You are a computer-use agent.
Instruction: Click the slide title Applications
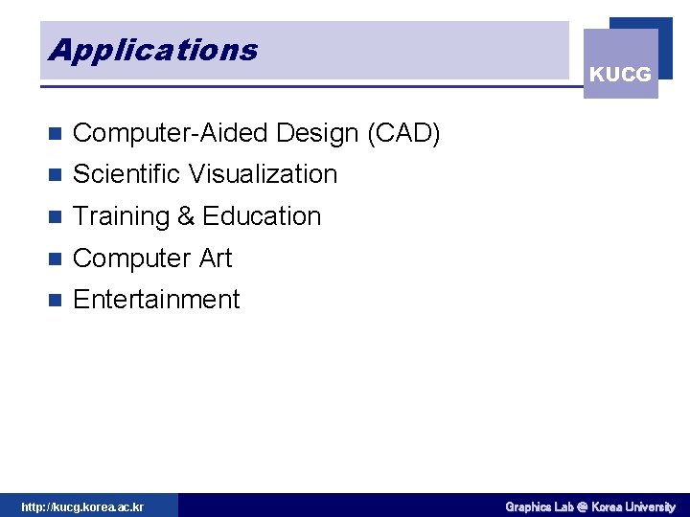pyautogui.click(x=153, y=50)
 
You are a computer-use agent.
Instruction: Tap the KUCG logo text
pyautogui.click(x=620, y=75)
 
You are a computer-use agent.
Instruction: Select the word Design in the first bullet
pyautogui.click(x=300, y=133)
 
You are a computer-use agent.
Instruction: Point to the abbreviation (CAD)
pyautogui.click(x=403, y=133)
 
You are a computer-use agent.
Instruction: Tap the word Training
pyautogui.click(x=121, y=216)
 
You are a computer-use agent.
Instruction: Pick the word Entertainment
pyautogui.click(x=156, y=300)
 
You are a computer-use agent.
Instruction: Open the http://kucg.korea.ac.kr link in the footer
pyautogui.click(x=82, y=506)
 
